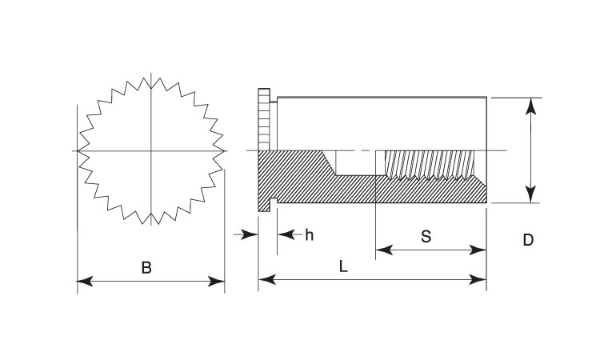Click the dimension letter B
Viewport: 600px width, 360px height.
(x=146, y=268)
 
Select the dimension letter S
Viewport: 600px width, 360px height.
(x=426, y=237)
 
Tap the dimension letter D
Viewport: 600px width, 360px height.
(x=528, y=239)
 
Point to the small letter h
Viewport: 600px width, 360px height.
(x=309, y=234)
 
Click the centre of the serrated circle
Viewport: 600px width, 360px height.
(x=151, y=150)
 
